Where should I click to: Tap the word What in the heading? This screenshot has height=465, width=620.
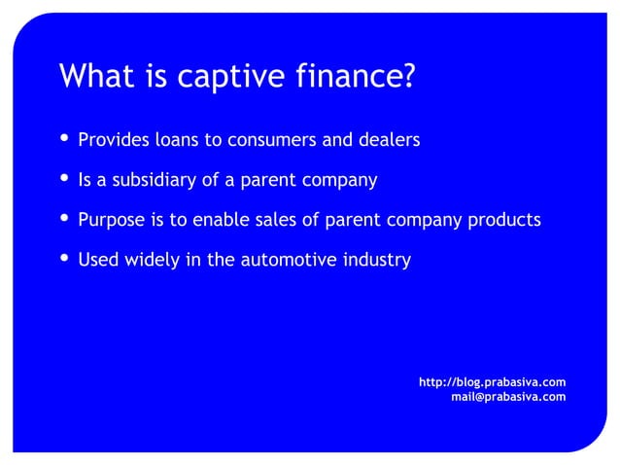pyautogui.click(x=90, y=76)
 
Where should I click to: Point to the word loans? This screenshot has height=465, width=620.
pyautogui.click(x=176, y=140)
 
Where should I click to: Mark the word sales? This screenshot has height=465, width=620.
pyautogui.click(x=276, y=220)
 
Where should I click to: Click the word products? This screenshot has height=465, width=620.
pyautogui.click(x=502, y=220)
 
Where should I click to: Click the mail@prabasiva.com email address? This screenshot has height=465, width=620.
pyautogui.click(x=508, y=396)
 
